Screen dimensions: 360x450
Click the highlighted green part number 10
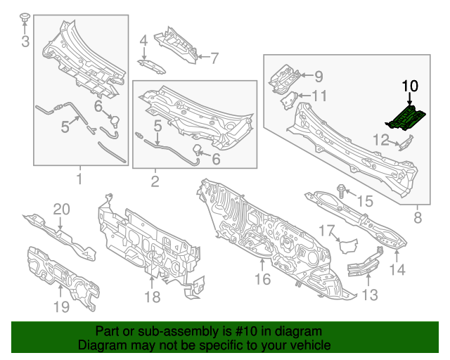(407, 117)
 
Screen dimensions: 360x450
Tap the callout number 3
(25, 41)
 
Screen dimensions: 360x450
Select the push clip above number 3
(25, 18)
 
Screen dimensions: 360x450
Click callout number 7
(214, 57)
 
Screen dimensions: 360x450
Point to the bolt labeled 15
(342, 189)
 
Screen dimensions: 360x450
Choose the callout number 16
(262, 280)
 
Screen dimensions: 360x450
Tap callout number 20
(62, 210)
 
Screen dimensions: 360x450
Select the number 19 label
(61, 306)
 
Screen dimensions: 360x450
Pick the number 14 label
(398, 269)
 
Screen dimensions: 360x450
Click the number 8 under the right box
(418, 218)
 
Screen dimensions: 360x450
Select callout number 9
(317, 76)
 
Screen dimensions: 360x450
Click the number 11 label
(319, 96)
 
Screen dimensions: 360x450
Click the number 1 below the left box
(79, 179)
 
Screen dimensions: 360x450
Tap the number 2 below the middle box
(154, 182)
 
